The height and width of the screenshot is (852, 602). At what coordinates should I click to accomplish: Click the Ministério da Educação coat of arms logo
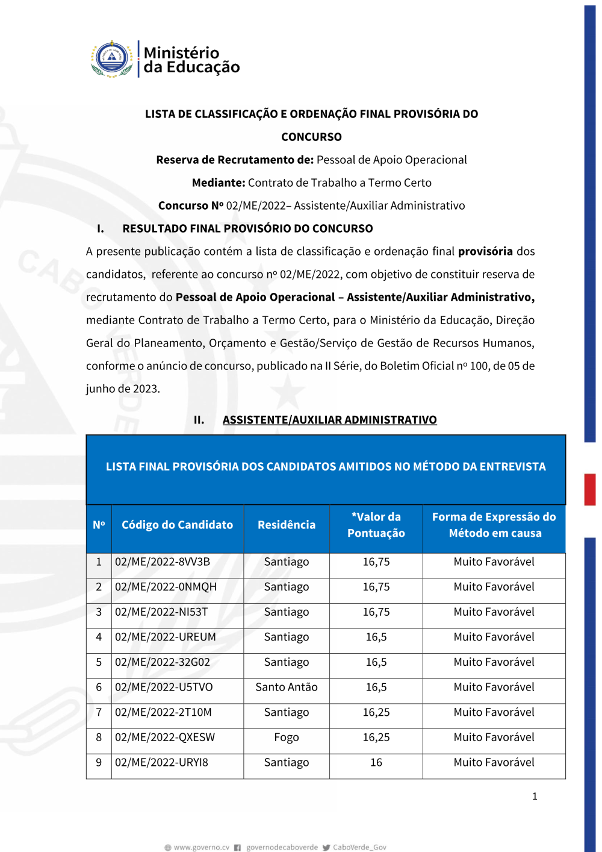click(x=112, y=59)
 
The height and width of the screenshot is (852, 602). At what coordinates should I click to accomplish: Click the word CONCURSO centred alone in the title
click(x=311, y=137)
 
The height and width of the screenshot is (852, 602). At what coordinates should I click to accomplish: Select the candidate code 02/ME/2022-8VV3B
click(x=163, y=562)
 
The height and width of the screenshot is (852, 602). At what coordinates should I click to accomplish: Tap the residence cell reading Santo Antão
click(x=287, y=688)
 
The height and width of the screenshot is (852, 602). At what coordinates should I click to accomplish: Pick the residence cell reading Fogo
click(x=287, y=738)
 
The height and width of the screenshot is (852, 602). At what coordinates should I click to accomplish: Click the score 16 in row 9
click(x=376, y=763)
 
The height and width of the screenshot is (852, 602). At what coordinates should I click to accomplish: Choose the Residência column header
click(x=287, y=525)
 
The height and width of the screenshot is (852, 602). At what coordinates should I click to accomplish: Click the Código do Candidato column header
click(x=177, y=525)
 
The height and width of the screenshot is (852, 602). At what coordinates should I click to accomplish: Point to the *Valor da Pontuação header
click(x=376, y=525)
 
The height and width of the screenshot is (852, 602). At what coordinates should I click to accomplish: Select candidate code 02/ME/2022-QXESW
click(x=165, y=738)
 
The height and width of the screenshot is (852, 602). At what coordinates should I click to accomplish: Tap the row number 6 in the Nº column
click(x=99, y=688)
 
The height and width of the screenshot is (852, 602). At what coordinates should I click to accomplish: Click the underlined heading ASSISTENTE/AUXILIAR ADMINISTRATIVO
click(x=329, y=420)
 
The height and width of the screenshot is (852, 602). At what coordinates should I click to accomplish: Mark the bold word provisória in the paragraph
click(x=485, y=251)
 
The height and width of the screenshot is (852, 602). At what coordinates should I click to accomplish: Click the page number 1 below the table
click(x=535, y=797)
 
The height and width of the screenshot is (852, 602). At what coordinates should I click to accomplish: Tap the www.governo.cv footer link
click(x=201, y=847)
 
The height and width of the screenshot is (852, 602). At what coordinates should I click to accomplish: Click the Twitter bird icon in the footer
click(x=326, y=847)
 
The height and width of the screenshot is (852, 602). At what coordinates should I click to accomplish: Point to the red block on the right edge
click(x=590, y=489)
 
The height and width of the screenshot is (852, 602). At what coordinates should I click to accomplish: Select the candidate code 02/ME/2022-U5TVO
click(x=164, y=688)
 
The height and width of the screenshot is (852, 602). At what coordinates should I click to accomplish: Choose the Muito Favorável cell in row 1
click(x=494, y=562)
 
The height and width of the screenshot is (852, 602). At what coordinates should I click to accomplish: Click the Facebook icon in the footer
click(x=238, y=847)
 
